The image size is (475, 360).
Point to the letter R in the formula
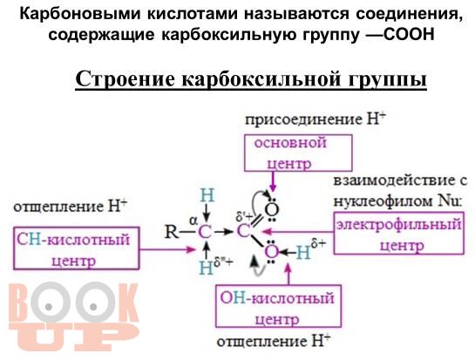tap(171, 233)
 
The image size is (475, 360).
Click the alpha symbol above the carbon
tap(193, 221)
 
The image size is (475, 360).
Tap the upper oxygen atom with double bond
tap(272, 209)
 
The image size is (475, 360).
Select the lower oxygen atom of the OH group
tap(272, 252)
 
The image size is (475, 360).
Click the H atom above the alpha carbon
tap(207, 195)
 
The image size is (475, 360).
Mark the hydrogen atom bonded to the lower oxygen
tap(303, 252)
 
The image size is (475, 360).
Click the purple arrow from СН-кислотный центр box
tap(167, 249)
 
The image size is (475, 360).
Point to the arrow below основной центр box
tap(273, 182)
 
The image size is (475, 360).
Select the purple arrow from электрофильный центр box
tap(298, 232)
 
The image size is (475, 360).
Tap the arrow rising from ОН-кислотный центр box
tap(288, 274)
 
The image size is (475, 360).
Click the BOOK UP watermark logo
tap(73, 316)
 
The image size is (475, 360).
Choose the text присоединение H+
tap(316, 119)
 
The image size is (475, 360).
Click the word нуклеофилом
tap(383, 200)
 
